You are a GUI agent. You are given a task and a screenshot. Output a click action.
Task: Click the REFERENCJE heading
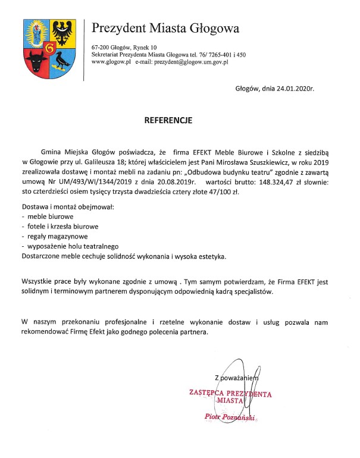point(168,120)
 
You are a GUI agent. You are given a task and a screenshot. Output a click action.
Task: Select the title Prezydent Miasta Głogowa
point(165,28)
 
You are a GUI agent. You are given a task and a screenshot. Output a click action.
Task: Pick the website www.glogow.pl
point(111,62)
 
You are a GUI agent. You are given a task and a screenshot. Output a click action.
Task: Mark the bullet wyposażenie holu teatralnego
point(74,246)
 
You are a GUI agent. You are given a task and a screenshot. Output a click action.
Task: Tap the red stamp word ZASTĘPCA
point(209,393)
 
